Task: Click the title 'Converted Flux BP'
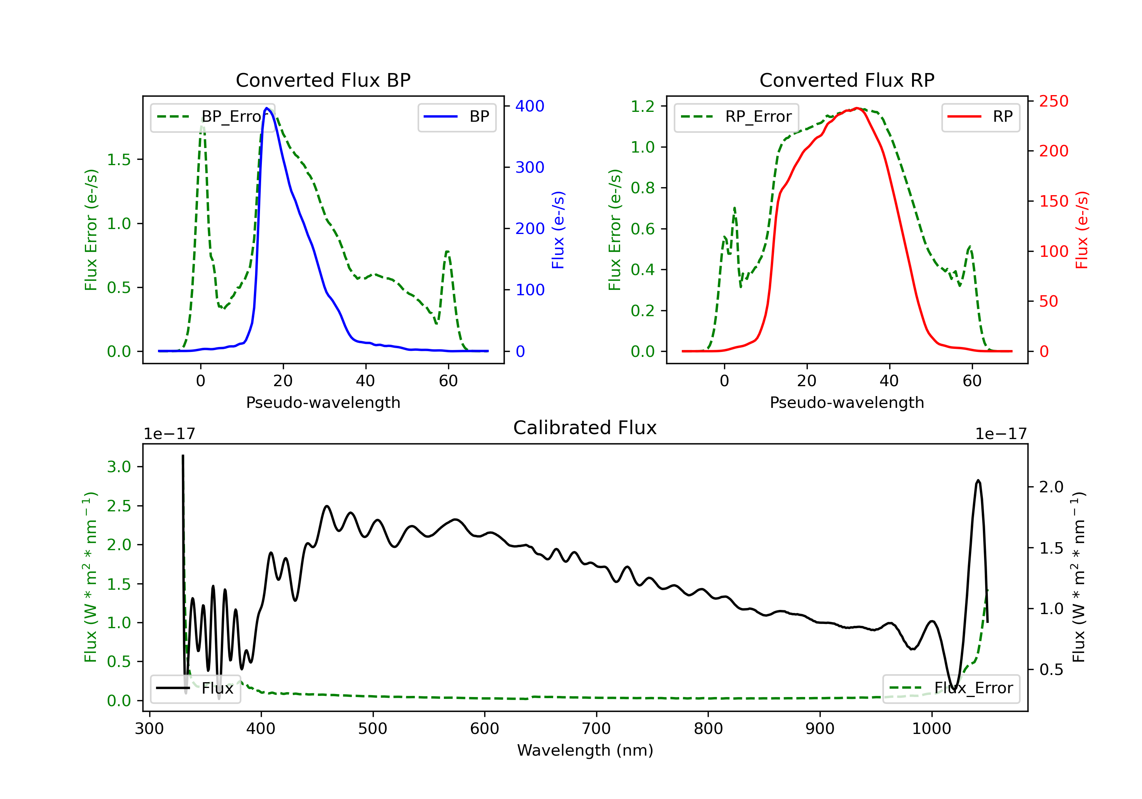(x=323, y=80)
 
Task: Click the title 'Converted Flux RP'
(x=847, y=80)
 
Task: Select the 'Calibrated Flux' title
(x=585, y=428)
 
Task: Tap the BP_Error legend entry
(x=212, y=117)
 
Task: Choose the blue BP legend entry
(x=456, y=117)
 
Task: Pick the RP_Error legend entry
(x=736, y=117)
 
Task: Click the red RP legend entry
(x=980, y=117)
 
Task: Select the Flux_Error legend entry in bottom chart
(x=951, y=688)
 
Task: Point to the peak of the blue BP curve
(x=266, y=108)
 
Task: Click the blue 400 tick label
(x=530, y=106)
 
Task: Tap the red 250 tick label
(x=1053, y=102)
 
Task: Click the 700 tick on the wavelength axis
(x=597, y=729)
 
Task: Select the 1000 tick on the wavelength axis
(x=931, y=729)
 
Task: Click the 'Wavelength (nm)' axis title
(x=585, y=750)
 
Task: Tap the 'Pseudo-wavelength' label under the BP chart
(x=323, y=402)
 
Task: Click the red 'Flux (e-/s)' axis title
(x=1082, y=230)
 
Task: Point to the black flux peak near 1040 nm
(x=978, y=480)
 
